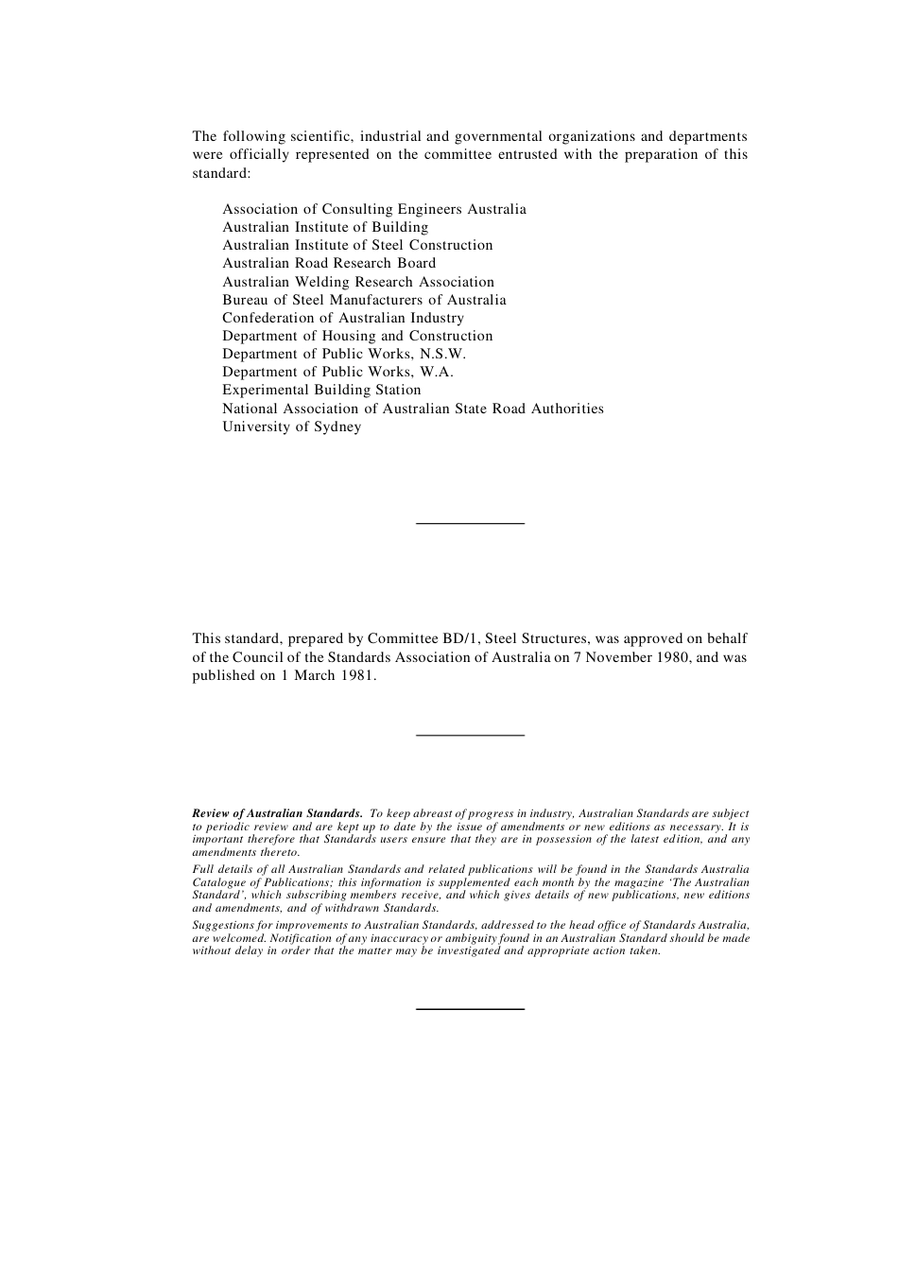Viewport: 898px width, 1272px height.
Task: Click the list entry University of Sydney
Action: tap(291, 427)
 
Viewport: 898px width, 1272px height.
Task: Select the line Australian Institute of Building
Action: tap(325, 227)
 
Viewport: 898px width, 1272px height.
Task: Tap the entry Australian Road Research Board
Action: tap(329, 263)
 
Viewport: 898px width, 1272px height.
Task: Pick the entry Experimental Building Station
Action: tap(321, 390)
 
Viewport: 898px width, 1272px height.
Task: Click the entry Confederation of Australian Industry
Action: tap(343, 318)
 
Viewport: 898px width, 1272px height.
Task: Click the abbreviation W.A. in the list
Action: tap(437, 372)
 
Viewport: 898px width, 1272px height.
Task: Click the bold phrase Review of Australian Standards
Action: tap(277, 813)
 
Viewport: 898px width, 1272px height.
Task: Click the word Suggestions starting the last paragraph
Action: tap(222, 926)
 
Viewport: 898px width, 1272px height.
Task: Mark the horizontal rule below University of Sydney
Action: tap(470, 523)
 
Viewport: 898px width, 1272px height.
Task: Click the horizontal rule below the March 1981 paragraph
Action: tap(470, 735)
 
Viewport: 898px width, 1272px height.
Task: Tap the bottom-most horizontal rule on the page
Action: tap(470, 1009)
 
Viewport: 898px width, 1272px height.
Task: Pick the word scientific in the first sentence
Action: tap(320, 136)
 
